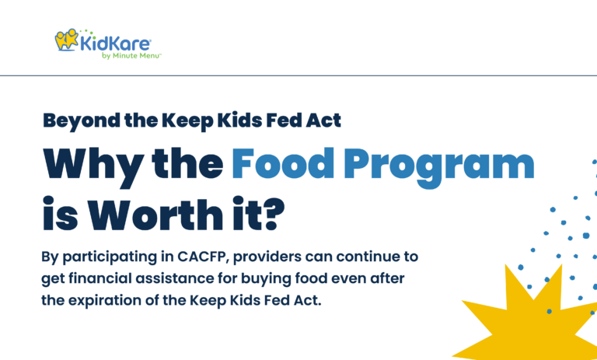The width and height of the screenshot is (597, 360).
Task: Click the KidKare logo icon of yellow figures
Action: point(67,40)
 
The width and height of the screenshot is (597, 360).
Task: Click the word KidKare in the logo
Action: point(115,44)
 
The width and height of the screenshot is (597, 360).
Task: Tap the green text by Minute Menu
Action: point(131,56)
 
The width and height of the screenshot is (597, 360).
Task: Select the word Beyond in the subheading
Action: point(81,121)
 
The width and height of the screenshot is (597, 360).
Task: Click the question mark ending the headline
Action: point(274,212)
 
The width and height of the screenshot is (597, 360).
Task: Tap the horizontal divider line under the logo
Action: point(298,75)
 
